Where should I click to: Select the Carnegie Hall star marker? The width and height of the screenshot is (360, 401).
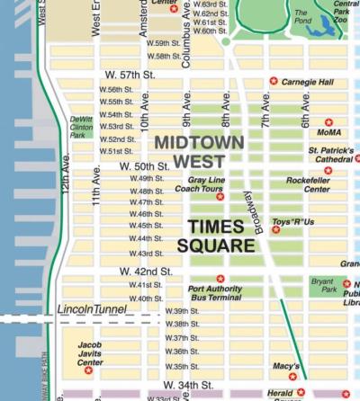274,81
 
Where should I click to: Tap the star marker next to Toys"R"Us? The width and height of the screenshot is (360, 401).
276,230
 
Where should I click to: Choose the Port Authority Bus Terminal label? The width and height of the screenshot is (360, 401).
214,293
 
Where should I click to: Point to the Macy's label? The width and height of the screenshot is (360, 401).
286,365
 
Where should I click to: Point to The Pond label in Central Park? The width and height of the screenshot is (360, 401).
301,15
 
